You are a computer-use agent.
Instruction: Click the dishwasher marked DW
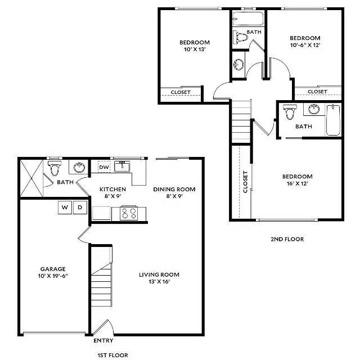point(103,167)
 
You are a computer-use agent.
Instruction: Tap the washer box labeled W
point(65,208)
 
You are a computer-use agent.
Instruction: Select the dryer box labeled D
point(80,208)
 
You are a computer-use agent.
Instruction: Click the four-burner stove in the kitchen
point(129,213)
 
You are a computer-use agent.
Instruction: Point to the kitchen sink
point(122,166)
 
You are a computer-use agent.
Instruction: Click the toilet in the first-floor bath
point(55,168)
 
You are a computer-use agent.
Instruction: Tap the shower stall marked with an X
point(31,178)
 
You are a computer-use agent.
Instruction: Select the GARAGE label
point(53,269)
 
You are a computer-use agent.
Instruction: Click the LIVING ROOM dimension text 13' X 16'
point(159,281)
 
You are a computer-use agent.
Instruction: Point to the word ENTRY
point(103,340)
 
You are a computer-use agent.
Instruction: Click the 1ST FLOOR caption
point(113,355)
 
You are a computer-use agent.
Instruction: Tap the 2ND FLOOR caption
point(287,239)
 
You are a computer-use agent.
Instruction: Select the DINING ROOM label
point(174,189)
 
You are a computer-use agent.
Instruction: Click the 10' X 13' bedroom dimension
point(195,49)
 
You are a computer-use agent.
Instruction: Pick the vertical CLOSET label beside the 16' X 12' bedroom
point(245,182)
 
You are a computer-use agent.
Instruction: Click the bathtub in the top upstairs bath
point(247,19)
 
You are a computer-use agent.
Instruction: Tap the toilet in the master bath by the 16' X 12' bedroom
point(290,112)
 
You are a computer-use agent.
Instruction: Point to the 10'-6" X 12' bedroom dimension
point(305,45)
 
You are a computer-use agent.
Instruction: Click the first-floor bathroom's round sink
point(79,168)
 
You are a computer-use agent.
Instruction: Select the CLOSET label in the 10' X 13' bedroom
point(181,92)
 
